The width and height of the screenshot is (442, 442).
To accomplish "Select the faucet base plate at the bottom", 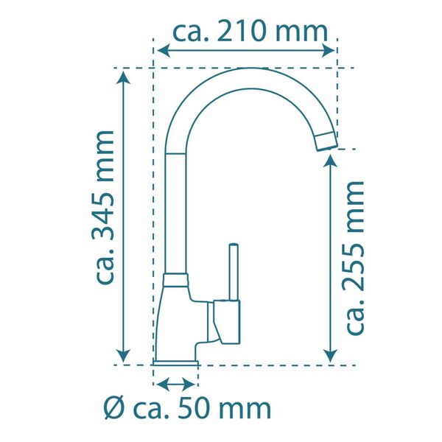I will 177,362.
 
